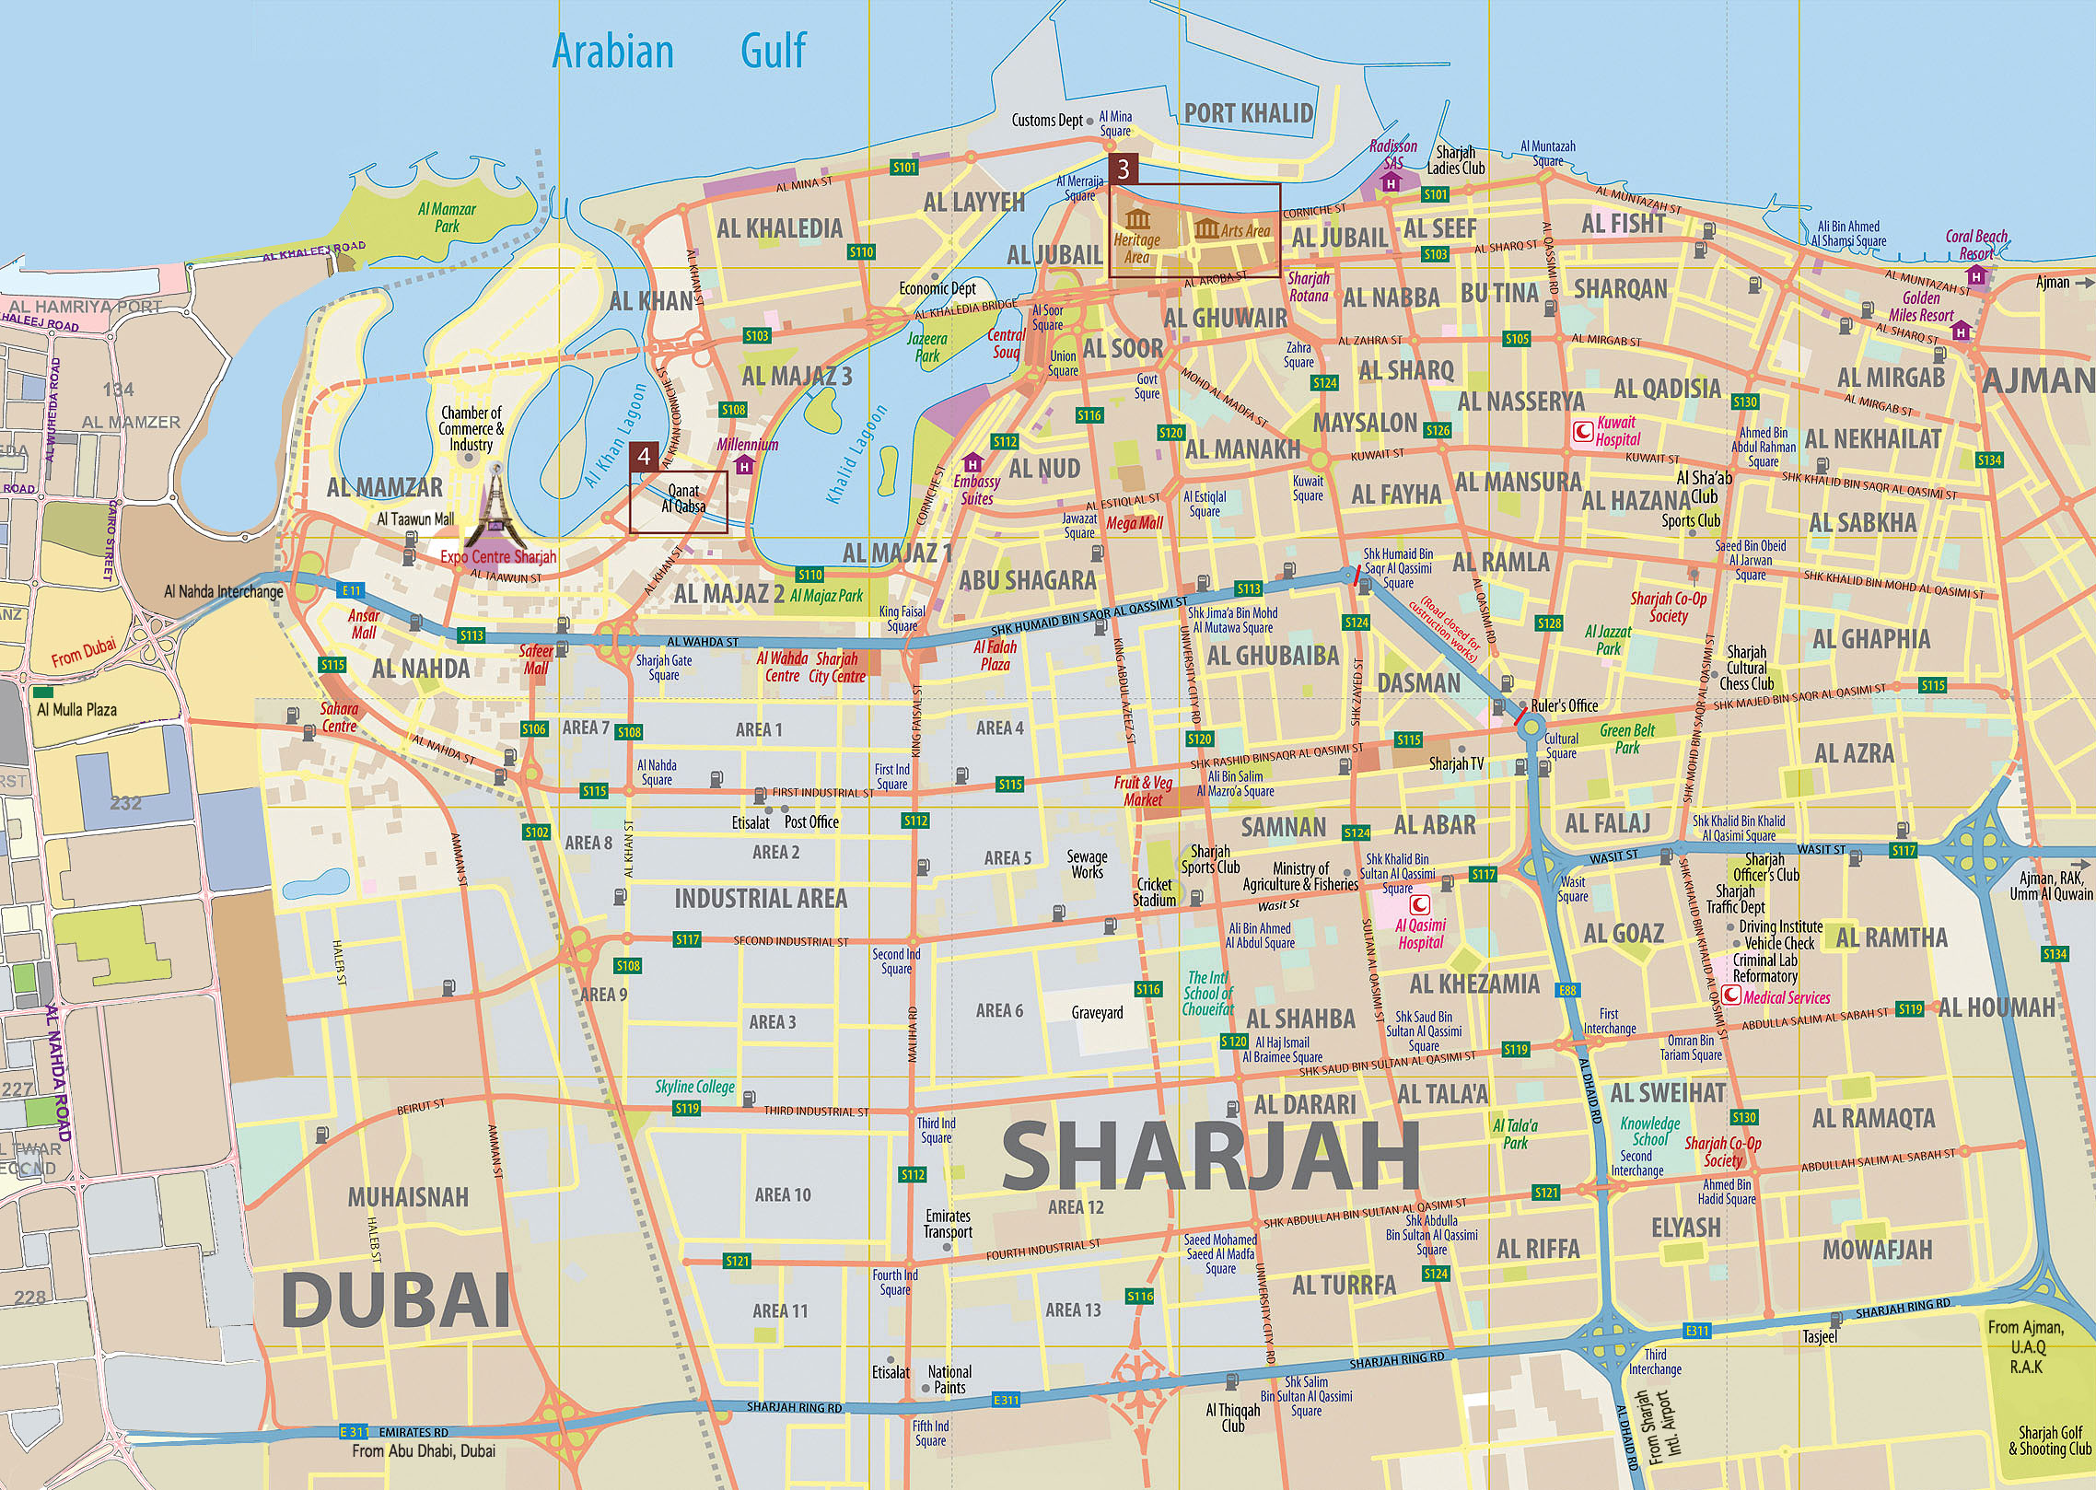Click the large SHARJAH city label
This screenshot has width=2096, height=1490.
tap(1210, 1157)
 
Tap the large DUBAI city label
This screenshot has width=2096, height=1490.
tap(395, 1299)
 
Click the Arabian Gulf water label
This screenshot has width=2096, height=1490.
tap(679, 52)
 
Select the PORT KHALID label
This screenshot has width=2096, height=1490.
tap(1248, 113)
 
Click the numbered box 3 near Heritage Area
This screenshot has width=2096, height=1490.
tap(1123, 169)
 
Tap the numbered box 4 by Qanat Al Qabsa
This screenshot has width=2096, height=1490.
tap(644, 457)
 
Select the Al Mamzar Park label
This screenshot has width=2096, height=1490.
tap(447, 217)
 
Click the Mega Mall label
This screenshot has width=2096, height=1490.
tap(1135, 523)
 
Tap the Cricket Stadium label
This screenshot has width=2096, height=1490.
tap(1154, 891)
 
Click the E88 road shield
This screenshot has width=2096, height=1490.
tap(1567, 991)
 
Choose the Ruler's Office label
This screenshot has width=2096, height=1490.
tap(1564, 705)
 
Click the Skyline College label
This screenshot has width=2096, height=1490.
tap(694, 1087)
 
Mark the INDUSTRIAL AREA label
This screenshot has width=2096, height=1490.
tap(761, 899)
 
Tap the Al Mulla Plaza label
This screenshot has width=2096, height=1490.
tap(76, 709)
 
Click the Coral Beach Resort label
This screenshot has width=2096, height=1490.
tap(1976, 245)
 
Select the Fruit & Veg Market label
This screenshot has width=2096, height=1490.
tap(1143, 791)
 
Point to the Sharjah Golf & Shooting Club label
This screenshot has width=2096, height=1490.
tap(2050, 1441)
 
